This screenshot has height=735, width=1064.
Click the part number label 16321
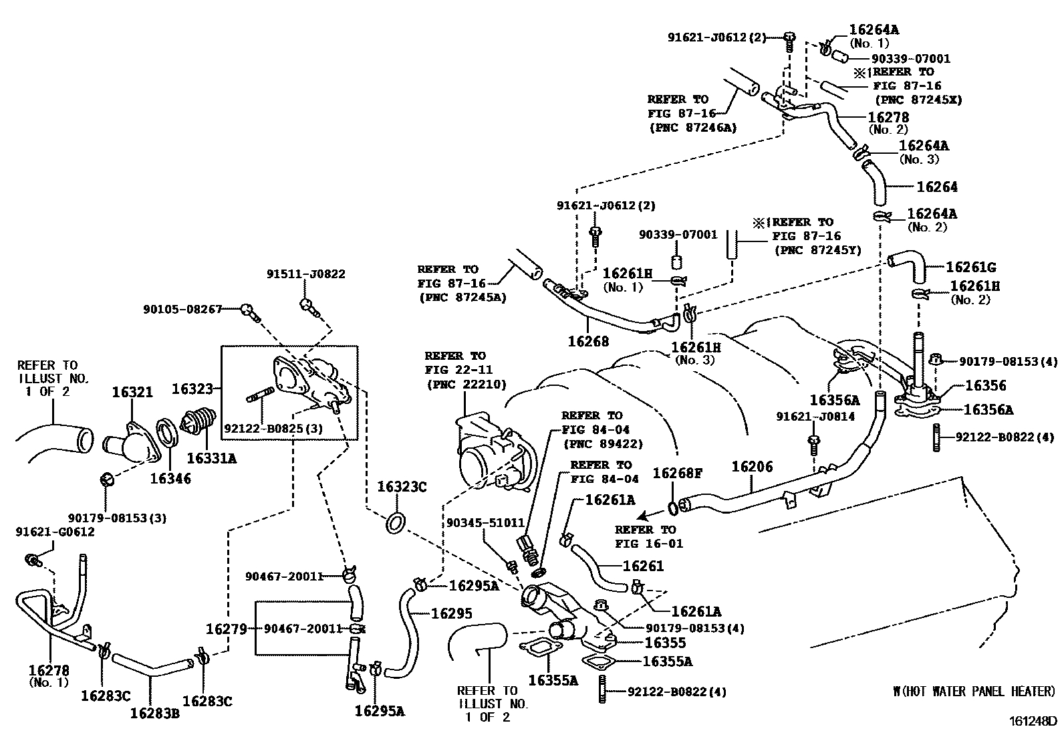132,393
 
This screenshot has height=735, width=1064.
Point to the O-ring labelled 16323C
394,524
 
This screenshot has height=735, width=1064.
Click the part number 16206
752,466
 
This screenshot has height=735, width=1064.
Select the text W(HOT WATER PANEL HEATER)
974,692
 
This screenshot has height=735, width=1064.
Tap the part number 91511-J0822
306,274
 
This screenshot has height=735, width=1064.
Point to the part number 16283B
155,712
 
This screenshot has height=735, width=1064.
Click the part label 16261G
970,268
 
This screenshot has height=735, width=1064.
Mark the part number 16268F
677,474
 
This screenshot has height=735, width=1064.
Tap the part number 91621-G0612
55,532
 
